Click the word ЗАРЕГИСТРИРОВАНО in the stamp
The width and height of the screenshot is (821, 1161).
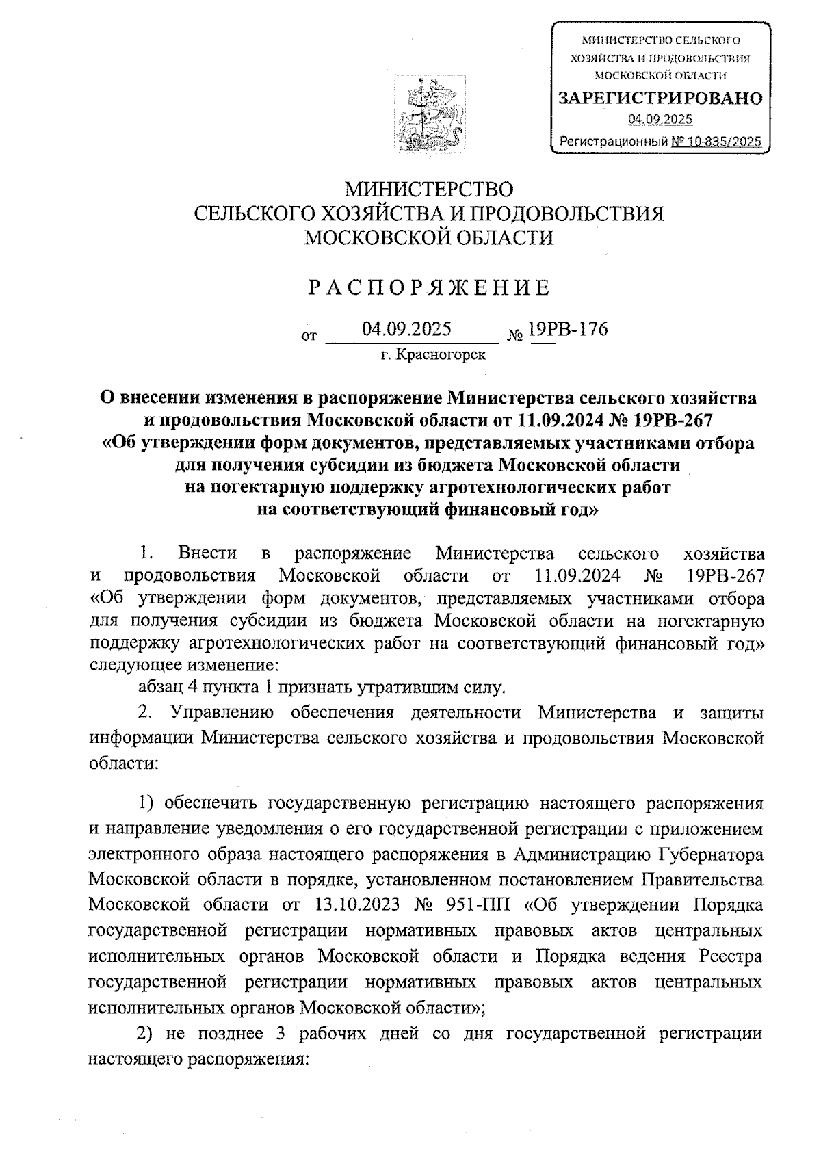(660, 99)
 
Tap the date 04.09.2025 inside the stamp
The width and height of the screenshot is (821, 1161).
(660, 120)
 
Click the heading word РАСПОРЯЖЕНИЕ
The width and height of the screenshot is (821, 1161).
(428, 288)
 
